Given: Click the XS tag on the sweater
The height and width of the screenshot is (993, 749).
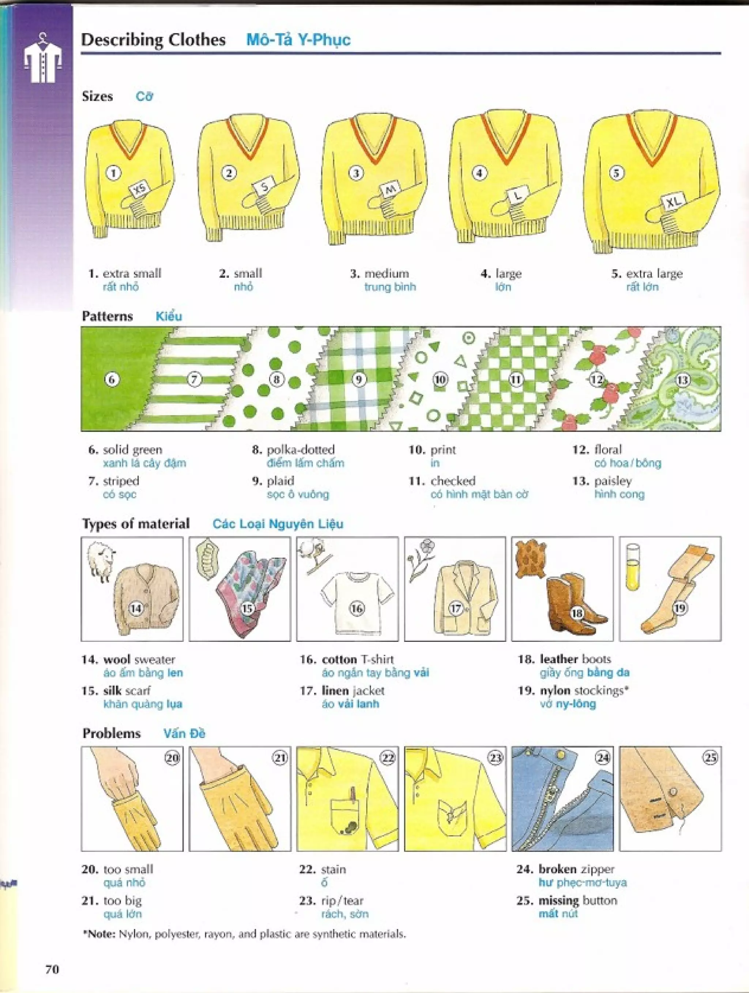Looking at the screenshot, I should [x=140, y=190].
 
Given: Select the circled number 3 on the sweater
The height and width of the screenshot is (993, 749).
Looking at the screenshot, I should [x=357, y=173].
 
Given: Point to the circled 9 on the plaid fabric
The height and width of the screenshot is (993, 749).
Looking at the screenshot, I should [x=358, y=380].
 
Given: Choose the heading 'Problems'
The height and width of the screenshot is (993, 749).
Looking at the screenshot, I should [x=111, y=733].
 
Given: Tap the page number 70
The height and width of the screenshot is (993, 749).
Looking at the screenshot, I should [x=52, y=970].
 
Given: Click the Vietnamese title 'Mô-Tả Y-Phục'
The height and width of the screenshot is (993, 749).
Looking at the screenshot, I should [x=298, y=40].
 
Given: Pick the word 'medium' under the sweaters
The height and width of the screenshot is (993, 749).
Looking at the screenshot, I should [x=386, y=274].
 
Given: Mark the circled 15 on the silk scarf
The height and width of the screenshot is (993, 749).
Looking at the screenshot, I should [x=247, y=608].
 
